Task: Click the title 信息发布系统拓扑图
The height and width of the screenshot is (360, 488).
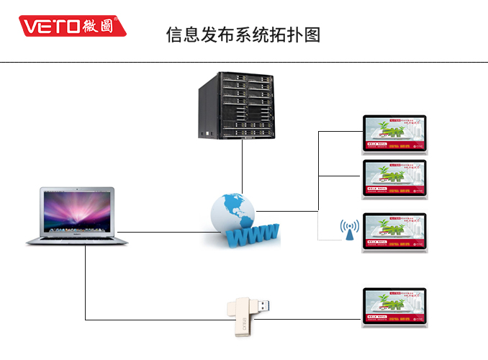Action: click(x=243, y=34)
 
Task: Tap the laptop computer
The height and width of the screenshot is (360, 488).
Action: click(x=77, y=216)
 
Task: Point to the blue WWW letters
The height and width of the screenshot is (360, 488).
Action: click(x=253, y=234)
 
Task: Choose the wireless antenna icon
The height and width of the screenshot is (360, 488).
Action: click(x=350, y=230)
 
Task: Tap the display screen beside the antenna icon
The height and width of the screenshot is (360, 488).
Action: click(x=394, y=230)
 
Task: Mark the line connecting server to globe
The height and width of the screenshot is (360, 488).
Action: click(x=243, y=166)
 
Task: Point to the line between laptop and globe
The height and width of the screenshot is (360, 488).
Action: click(x=166, y=232)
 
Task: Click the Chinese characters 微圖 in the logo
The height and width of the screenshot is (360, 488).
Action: click(x=102, y=27)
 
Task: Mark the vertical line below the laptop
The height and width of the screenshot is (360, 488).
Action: click(x=86, y=281)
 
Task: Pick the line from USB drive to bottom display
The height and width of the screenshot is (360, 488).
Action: click(x=317, y=319)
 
